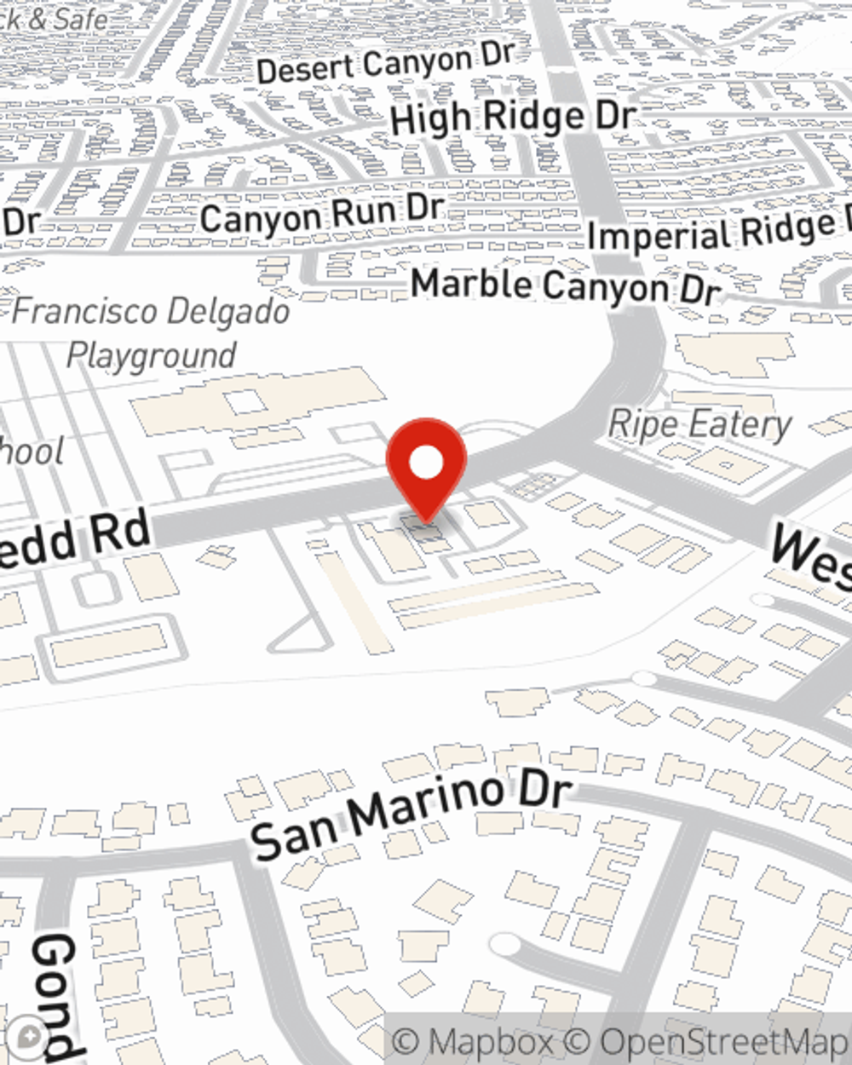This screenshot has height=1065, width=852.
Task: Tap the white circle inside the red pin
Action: click(x=426, y=463)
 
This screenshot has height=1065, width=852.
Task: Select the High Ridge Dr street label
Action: click(x=513, y=118)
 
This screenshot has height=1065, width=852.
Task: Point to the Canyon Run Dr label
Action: click(x=322, y=216)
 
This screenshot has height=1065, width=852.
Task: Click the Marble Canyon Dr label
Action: click(x=566, y=286)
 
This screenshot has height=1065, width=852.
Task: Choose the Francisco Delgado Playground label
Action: click(x=151, y=332)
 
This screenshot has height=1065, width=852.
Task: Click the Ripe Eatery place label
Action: click(x=700, y=424)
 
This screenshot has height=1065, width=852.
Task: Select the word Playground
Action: click(x=151, y=355)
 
